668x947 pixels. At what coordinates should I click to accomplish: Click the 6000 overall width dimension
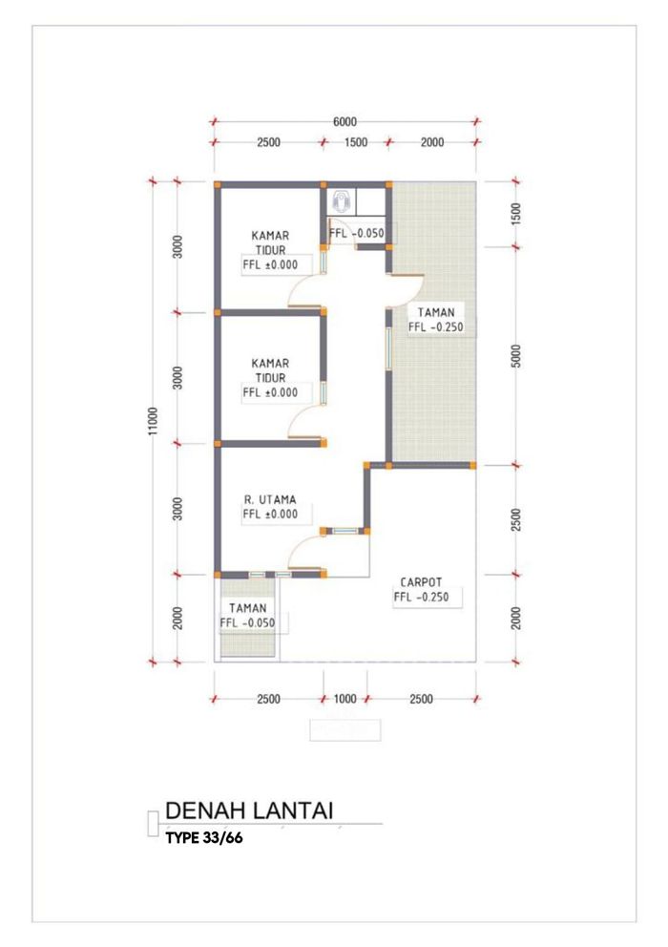(x=344, y=122)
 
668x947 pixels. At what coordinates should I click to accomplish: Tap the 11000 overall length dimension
(x=153, y=421)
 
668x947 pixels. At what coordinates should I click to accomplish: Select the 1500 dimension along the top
(x=356, y=142)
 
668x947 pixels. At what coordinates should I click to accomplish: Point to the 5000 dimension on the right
(x=516, y=356)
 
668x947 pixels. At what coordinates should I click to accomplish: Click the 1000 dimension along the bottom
(x=344, y=699)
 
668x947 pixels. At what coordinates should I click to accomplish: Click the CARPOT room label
(x=421, y=582)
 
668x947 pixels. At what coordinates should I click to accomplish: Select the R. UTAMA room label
(x=270, y=499)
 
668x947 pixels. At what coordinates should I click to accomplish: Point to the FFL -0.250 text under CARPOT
(x=421, y=598)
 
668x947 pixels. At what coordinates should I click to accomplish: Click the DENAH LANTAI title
(x=249, y=810)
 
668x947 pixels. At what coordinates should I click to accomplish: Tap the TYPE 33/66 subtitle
(x=204, y=837)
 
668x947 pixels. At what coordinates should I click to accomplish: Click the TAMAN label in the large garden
(x=435, y=312)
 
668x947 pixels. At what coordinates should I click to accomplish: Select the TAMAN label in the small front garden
(x=247, y=608)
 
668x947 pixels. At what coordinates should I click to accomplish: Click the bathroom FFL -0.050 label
(x=356, y=233)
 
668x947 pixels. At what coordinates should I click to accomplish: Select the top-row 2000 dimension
(x=432, y=142)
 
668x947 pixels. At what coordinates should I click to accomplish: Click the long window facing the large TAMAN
(x=388, y=348)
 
